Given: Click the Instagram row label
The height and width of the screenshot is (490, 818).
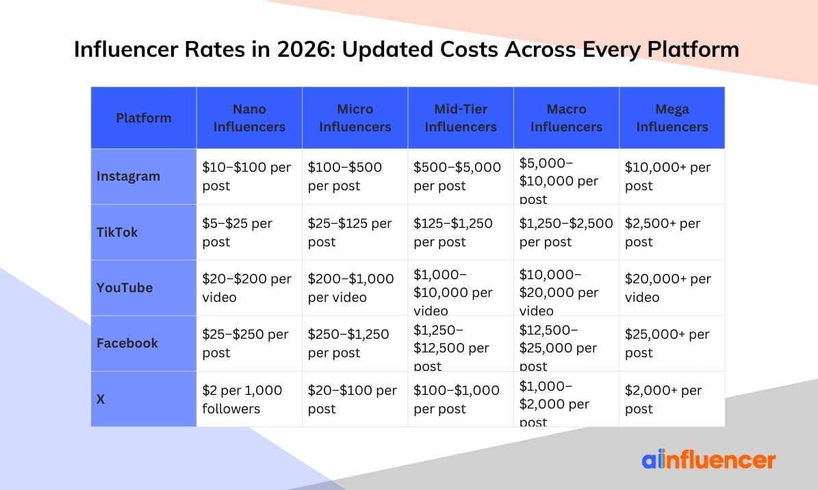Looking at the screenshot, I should (128, 176).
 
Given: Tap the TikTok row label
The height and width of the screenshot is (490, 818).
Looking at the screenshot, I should (117, 232).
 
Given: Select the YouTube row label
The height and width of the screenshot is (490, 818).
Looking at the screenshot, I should (125, 287).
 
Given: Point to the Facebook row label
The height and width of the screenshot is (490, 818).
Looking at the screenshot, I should (127, 343).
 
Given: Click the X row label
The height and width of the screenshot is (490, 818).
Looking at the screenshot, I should (101, 399).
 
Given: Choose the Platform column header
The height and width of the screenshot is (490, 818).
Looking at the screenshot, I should (144, 118).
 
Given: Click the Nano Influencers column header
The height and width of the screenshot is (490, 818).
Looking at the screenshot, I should (249, 118).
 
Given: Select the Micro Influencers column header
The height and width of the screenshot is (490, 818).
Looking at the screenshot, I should (355, 118).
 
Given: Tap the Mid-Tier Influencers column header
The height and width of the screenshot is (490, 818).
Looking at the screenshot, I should (461, 118).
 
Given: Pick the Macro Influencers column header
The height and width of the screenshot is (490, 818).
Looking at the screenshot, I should (566, 118).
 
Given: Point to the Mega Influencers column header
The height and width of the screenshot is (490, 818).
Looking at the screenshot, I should (672, 118).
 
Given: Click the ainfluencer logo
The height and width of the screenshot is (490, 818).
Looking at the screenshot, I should (708, 460).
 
